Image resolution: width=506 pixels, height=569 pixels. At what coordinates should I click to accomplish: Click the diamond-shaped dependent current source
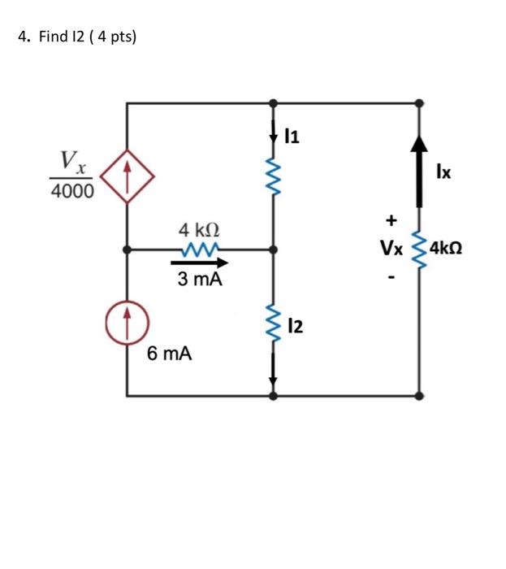click(127, 176)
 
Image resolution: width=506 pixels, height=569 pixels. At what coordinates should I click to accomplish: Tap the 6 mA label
click(170, 354)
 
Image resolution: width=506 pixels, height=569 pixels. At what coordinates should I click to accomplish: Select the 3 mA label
click(200, 280)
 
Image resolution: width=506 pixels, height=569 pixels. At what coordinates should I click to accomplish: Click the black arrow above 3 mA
click(200, 263)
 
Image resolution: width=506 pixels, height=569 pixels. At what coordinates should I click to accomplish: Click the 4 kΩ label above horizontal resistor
click(199, 230)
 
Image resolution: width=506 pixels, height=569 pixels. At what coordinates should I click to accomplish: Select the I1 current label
click(292, 137)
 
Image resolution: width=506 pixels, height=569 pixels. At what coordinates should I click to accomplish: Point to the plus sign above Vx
click(392, 219)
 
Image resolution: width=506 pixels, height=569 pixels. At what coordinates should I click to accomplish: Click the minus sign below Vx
click(392, 278)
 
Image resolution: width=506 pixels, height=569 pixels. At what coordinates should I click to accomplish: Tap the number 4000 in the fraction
click(71, 192)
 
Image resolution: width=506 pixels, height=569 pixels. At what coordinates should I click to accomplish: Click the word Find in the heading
click(54, 37)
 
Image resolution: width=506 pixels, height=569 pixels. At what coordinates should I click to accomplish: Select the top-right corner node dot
click(419, 103)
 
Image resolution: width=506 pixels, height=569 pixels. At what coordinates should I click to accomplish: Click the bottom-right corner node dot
click(419, 396)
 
